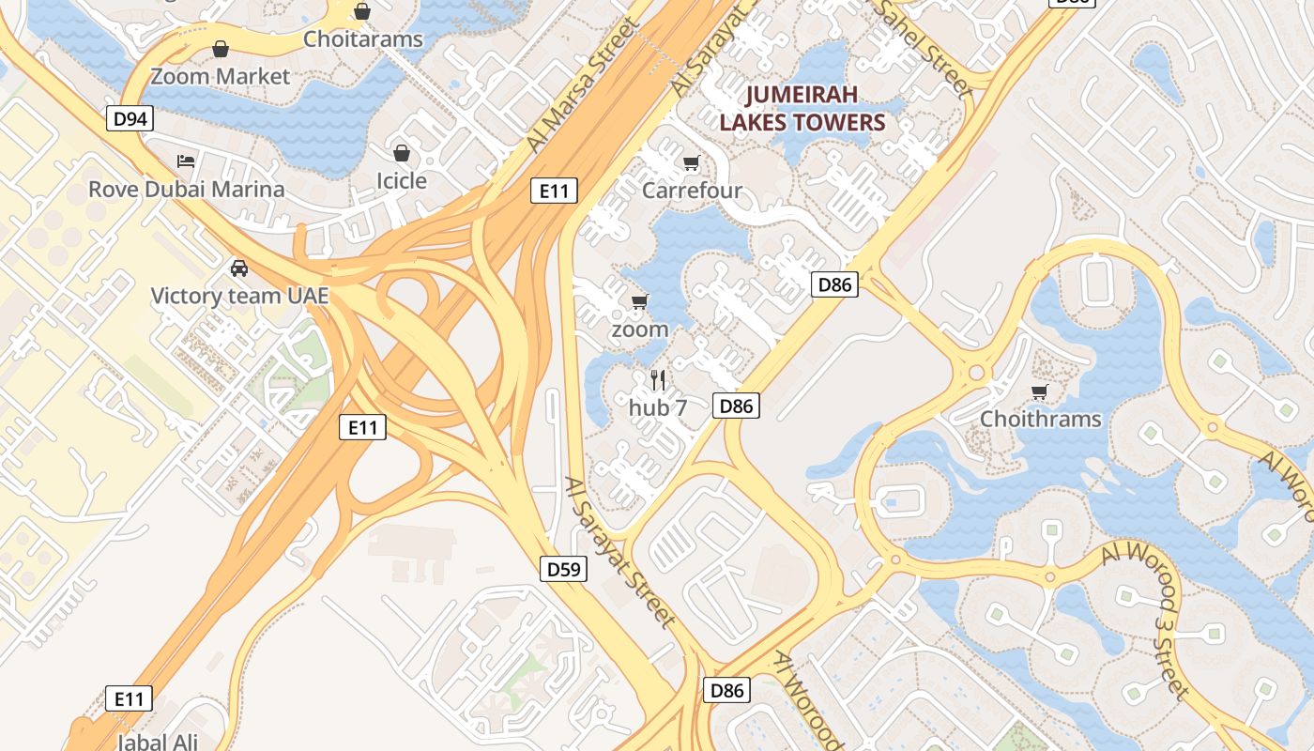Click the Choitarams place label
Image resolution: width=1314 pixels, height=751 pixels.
pyautogui.click(x=363, y=39)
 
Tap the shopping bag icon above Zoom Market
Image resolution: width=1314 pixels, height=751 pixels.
pyautogui.click(x=221, y=49)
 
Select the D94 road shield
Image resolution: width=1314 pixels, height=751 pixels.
pyautogui.click(x=130, y=118)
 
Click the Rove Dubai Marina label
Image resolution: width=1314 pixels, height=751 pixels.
pyautogui.click(x=186, y=189)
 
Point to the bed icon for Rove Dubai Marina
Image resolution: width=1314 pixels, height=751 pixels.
pyautogui.click(x=186, y=161)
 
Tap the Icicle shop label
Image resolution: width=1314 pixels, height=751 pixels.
pyautogui.click(x=401, y=180)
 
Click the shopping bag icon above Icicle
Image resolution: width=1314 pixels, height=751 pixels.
pyautogui.click(x=402, y=152)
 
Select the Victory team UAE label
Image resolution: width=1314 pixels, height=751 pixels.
pyautogui.click(x=240, y=296)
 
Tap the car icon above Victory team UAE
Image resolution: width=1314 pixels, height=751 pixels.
pyautogui.click(x=239, y=268)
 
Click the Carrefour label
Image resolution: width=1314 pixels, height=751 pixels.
pyautogui.click(x=692, y=191)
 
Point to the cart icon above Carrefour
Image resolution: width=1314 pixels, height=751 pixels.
pyautogui.click(x=692, y=163)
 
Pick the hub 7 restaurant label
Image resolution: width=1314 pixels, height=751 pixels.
pyautogui.click(x=658, y=407)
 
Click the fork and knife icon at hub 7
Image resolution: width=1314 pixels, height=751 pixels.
pyautogui.click(x=658, y=379)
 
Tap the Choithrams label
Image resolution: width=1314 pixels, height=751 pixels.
pyautogui.click(x=1040, y=419)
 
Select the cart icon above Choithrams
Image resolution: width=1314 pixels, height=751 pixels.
pyautogui.click(x=1039, y=391)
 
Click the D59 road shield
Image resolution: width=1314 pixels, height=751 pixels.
pyautogui.click(x=564, y=568)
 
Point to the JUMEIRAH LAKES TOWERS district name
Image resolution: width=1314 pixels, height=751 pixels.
pyautogui.click(x=802, y=109)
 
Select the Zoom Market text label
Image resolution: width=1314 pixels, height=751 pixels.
pyautogui.click(x=221, y=77)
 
